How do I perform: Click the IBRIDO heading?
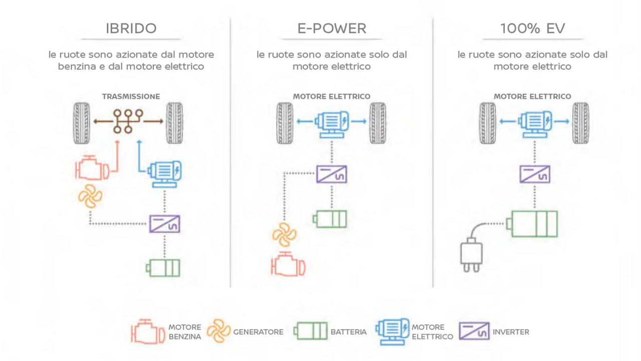pyautogui.click(x=131, y=28)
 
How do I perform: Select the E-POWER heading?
pyautogui.click(x=332, y=28)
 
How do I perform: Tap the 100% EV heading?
pyautogui.click(x=532, y=28)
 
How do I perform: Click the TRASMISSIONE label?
pyautogui.click(x=131, y=96)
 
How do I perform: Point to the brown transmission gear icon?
pyautogui.click(x=128, y=121)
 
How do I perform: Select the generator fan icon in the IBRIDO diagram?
pyautogui.click(x=90, y=197)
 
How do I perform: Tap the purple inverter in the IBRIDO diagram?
pyautogui.click(x=164, y=224)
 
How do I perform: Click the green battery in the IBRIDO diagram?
pyautogui.click(x=163, y=267)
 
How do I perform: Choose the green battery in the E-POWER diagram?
pyautogui.click(x=330, y=219)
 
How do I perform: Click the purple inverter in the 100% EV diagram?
pyautogui.click(x=534, y=174)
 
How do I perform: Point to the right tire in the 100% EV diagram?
pyautogui.click(x=580, y=123)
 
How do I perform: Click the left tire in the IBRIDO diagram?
pyautogui.click(x=82, y=123)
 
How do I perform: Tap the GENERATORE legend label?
pyautogui.click(x=258, y=332)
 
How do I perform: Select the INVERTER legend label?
pyautogui.click(x=511, y=332)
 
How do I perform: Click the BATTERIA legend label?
pyautogui.click(x=349, y=332)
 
